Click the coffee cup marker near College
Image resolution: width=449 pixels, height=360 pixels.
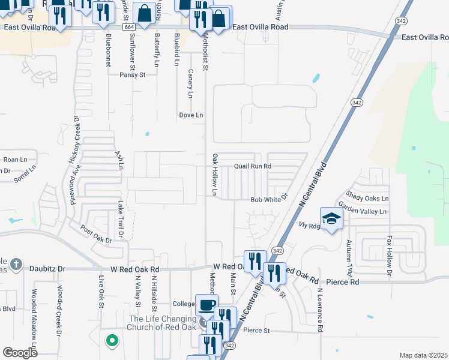pyautogui.click(x=208, y=305)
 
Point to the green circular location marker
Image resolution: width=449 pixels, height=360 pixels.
pyautogui.click(x=111, y=341)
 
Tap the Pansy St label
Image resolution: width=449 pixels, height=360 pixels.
pyautogui.click(x=133, y=75)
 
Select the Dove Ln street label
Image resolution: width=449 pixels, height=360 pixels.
pyautogui.click(x=191, y=115)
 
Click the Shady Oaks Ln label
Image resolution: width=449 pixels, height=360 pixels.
pyautogui.click(x=367, y=198)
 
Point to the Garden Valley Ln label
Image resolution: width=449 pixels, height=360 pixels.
pyautogui.click(x=363, y=211)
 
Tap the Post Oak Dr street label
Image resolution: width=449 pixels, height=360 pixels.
pyautogui.click(x=96, y=235)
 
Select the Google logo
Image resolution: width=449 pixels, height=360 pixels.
pyautogui.click(x=20, y=352)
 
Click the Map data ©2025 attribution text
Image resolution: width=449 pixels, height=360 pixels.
pyautogui.click(x=423, y=355)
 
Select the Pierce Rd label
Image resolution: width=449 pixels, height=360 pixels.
pyautogui.click(x=343, y=281)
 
